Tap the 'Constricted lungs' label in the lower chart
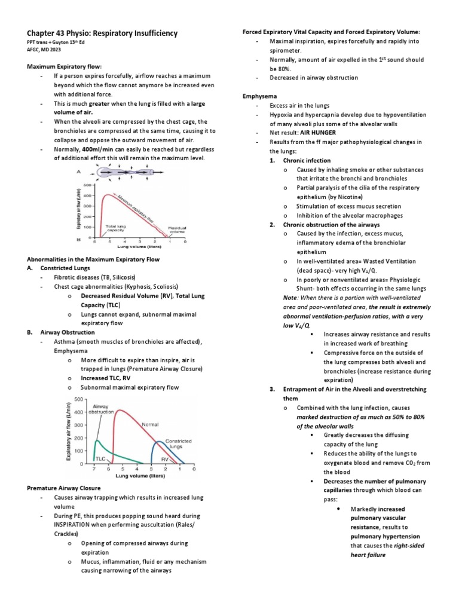click(178, 443)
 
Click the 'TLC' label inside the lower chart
click(101, 458)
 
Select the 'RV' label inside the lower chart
click(164, 459)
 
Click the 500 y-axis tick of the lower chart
click(78, 399)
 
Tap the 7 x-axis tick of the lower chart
click(94, 469)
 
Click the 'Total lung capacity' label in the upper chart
click(116, 228)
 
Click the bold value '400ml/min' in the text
click(90, 149)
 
